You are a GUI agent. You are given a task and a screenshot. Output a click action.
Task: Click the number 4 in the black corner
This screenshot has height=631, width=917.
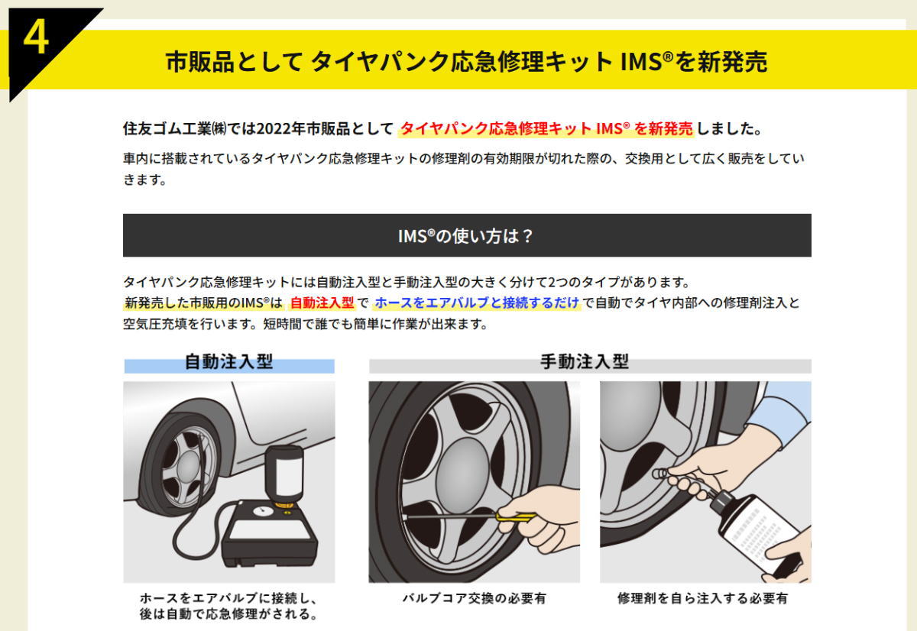(x=36, y=38)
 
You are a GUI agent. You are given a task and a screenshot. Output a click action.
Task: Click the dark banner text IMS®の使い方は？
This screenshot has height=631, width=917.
(x=465, y=236)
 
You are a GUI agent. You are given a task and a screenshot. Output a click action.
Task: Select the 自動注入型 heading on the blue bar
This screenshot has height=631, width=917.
(x=228, y=362)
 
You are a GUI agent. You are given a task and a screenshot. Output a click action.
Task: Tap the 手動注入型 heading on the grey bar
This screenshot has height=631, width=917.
(x=584, y=362)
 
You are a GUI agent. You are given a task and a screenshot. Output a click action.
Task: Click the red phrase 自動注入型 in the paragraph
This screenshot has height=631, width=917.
(x=322, y=303)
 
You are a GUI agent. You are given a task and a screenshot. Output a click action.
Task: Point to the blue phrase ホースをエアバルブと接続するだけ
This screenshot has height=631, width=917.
(x=477, y=303)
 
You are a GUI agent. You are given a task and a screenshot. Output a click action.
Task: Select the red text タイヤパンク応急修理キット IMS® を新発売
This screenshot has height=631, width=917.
(x=546, y=128)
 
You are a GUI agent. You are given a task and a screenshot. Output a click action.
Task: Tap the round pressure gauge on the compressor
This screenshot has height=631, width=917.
(x=264, y=511)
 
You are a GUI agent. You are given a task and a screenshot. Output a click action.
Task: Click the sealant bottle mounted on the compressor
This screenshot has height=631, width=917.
(x=284, y=476)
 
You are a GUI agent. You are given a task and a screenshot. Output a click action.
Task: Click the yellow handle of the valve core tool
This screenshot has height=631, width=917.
(x=515, y=517)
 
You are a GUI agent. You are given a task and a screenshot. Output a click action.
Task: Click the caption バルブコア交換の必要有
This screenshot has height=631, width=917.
(x=474, y=598)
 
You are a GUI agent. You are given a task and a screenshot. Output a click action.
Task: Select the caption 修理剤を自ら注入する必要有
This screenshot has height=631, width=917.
(x=702, y=598)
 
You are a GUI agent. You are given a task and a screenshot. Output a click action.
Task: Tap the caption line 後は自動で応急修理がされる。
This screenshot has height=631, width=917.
(x=228, y=614)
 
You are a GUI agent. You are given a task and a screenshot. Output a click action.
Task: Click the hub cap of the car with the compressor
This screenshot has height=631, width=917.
(x=189, y=466)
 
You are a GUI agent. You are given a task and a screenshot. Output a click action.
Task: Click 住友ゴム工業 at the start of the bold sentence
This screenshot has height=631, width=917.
(x=167, y=128)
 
